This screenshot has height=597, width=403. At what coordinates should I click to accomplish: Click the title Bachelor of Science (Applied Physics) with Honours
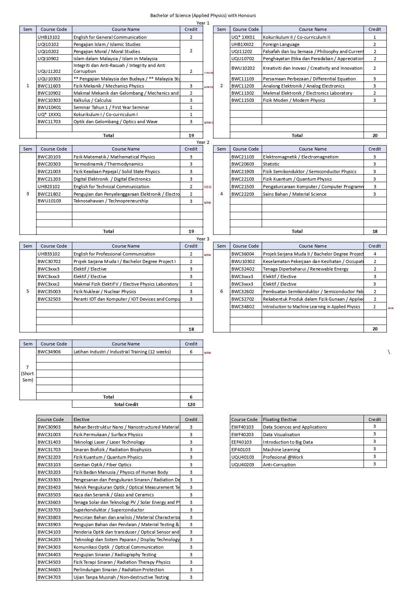click(203, 15)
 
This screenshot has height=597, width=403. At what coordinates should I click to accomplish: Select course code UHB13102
click(49, 37)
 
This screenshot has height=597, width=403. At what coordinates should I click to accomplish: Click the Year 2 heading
click(203, 142)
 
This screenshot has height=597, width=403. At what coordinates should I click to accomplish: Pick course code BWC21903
click(243, 172)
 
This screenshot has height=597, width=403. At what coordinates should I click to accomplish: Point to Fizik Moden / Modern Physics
click(294, 100)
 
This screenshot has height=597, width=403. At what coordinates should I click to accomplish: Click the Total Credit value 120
click(191, 404)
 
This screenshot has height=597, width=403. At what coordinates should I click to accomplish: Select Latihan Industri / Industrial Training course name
click(122, 352)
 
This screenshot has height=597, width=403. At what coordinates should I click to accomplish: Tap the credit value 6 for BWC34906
click(191, 352)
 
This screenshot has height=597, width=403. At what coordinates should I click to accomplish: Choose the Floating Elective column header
click(280, 420)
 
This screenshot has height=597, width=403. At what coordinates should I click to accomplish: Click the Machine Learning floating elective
click(281, 450)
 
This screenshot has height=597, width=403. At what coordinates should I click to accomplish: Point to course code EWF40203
click(242, 435)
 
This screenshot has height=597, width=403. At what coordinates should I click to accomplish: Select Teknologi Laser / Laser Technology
click(109, 442)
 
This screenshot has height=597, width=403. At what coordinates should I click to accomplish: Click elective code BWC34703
click(49, 577)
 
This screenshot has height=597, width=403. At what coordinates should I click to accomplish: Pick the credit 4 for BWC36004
click(375, 254)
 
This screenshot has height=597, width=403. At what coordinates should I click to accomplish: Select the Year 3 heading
click(203, 239)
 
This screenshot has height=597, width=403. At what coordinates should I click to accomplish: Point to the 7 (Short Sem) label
click(28, 374)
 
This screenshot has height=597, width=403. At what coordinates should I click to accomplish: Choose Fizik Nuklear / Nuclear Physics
click(104, 292)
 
